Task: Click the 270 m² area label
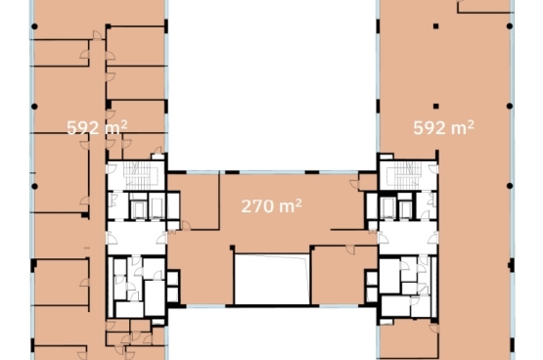point(272,206)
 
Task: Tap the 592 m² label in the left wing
point(97,127)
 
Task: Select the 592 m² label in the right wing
point(443,127)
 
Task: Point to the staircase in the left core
point(141,175)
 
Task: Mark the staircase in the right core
point(404,175)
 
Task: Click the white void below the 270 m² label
point(272,279)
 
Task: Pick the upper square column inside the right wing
point(436,26)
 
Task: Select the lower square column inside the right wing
point(436,107)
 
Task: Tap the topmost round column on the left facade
point(34,26)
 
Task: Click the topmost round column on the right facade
point(510,26)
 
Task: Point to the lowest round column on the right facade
point(510,186)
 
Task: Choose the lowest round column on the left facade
point(34,186)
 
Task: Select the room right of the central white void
point(343,275)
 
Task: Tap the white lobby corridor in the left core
point(137,238)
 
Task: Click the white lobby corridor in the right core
point(408,238)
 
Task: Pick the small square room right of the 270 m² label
point(368,182)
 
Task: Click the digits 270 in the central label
point(257,206)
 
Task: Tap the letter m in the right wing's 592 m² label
point(459,129)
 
